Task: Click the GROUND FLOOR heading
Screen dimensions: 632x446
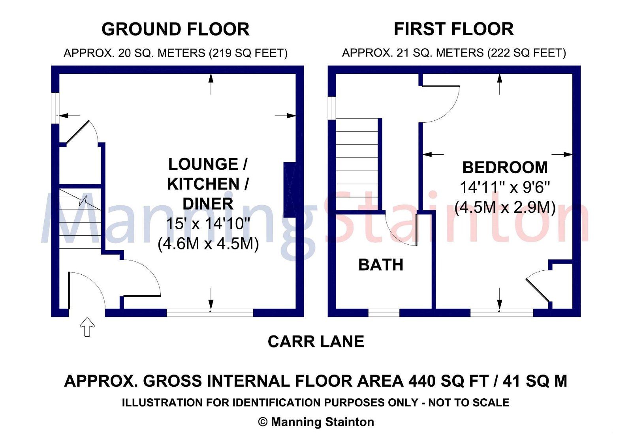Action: (x=175, y=29)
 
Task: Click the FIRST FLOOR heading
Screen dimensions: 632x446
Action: (x=454, y=29)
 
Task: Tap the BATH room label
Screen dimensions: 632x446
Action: (x=381, y=265)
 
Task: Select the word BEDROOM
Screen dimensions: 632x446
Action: (x=505, y=167)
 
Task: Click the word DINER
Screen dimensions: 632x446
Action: (x=208, y=204)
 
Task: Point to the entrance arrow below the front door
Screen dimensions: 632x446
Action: (x=87, y=327)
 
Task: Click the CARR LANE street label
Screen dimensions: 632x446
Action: (x=316, y=342)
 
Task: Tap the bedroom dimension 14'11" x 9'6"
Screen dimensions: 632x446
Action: (x=505, y=187)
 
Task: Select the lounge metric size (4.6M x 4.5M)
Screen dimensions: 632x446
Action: (x=208, y=244)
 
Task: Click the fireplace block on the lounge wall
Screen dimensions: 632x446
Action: (x=290, y=190)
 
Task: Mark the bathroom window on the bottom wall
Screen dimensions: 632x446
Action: (x=384, y=313)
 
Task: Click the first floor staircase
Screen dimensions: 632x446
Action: (x=357, y=164)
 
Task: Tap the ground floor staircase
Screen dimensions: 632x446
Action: (x=80, y=219)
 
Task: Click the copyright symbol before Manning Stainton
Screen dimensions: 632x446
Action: (x=263, y=422)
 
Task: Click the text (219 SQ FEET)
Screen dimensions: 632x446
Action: (x=248, y=53)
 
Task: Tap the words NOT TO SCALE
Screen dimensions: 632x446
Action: (x=468, y=402)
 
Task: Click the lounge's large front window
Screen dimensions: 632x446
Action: (x=210, y=313)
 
